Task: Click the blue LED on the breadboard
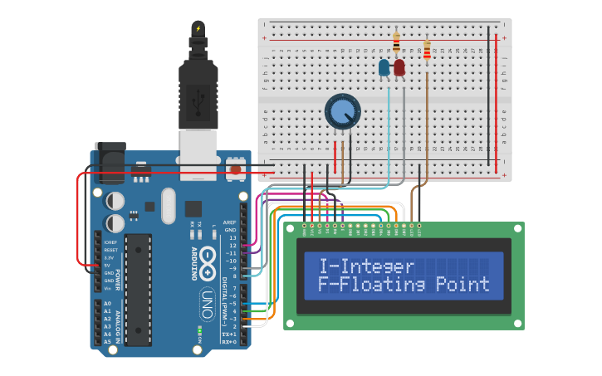(384, 68)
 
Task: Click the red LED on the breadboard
(399, 67)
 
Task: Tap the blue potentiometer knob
(342, 110)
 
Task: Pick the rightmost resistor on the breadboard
(427, 51)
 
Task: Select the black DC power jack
(111, 164)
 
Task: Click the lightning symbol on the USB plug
(198, 28)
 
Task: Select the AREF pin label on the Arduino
(230, 222)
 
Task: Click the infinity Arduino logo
(208, 257)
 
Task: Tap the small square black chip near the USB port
(193, 209)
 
